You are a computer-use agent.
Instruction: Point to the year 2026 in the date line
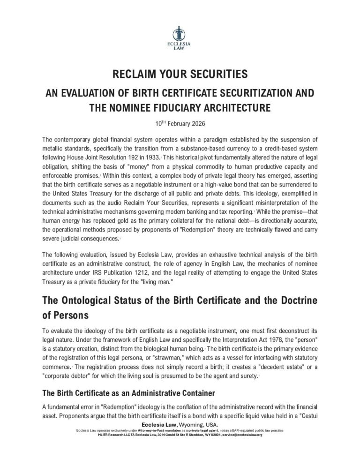click(x=194, y=124)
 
